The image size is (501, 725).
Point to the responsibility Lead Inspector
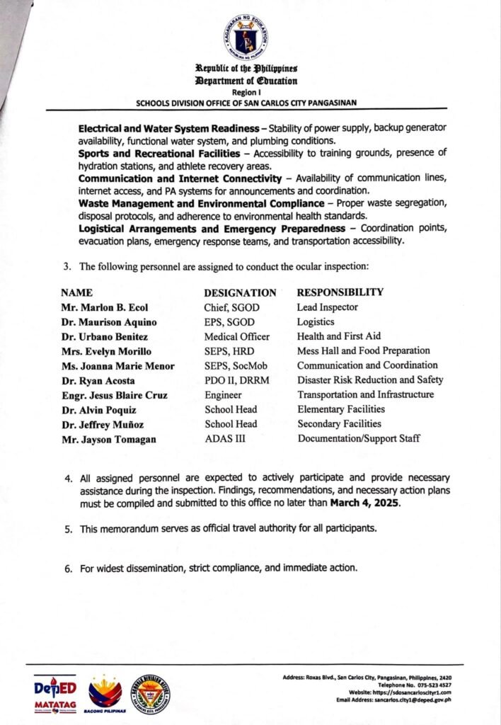(328, 307)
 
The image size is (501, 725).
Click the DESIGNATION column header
(240, 292)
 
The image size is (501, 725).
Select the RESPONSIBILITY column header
(340, 292)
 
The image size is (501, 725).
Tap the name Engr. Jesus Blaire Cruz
(114, 395)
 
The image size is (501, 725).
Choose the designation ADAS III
(226, 438)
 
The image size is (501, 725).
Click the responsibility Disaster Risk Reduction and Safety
(370, 380)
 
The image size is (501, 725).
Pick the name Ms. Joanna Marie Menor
(117, 366)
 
